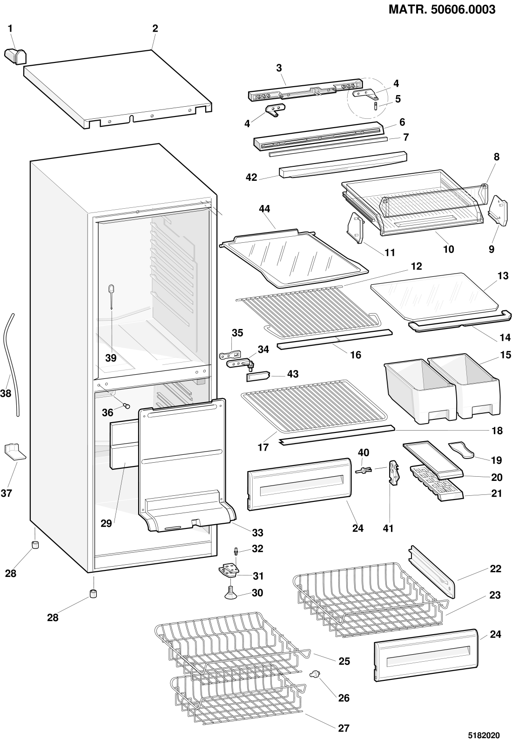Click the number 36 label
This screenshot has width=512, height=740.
[108, 412]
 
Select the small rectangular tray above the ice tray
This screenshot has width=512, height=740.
[433, 459]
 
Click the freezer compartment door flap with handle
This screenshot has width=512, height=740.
[186, 466]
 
